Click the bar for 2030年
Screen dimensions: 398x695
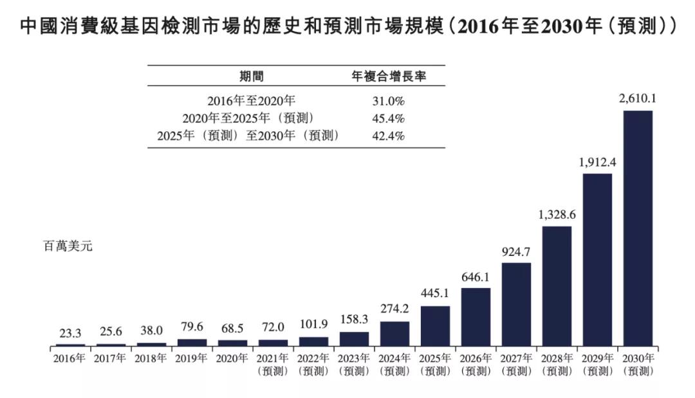(x=638, y=228)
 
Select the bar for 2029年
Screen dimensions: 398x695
(x=597, y=260)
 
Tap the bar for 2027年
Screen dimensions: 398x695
(x=516, y=304)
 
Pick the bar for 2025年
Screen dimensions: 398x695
(x=435, y=326)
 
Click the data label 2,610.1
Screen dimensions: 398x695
(x=637, y=99)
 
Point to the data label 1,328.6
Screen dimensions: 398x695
(x=557, y=215)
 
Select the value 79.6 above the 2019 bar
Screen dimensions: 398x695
(x=192, y=328)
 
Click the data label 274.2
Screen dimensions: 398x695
(x=394, y=310)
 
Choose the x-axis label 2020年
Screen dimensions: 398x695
(x=232, y=358)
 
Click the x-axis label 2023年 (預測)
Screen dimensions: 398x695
(x=354, y=365)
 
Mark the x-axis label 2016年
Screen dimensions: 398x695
(x=69, y=358)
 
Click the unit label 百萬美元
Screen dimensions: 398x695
(x=68, y=246)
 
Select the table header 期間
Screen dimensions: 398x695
(x=251, y=76)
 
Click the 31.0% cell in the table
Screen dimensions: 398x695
(x=388, y=101)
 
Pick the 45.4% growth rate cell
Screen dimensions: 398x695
(x=388, y=118)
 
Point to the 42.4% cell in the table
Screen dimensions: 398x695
(x=388, y=136)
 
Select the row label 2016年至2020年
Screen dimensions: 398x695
(x=251, y=101)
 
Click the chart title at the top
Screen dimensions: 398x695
(x=347, y=26)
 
